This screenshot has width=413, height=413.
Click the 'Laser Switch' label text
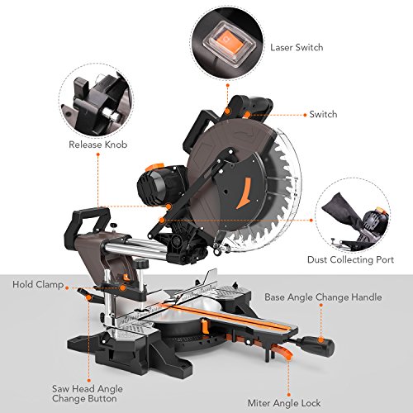[297, 47]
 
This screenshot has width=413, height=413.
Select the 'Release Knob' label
[98, 145]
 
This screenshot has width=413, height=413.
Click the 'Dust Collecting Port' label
[350, 259]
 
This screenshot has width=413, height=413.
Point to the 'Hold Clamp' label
[38, 284]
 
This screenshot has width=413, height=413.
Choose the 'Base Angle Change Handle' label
[323, 297]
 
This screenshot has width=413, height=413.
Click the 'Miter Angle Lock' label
[284, 403]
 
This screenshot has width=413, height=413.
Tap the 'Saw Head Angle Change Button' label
[88, 393]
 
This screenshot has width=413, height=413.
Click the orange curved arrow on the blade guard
[243, 193]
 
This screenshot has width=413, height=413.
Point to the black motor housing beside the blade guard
[159, 184]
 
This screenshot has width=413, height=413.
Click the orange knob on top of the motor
[154, 167]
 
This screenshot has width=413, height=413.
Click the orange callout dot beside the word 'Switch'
[305, 115]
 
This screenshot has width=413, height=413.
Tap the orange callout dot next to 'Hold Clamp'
[67, 288]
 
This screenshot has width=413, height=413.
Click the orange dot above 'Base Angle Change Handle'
[321, 305]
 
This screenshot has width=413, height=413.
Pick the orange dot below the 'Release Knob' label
[97, 154]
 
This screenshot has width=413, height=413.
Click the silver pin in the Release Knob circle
[111, 115]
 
